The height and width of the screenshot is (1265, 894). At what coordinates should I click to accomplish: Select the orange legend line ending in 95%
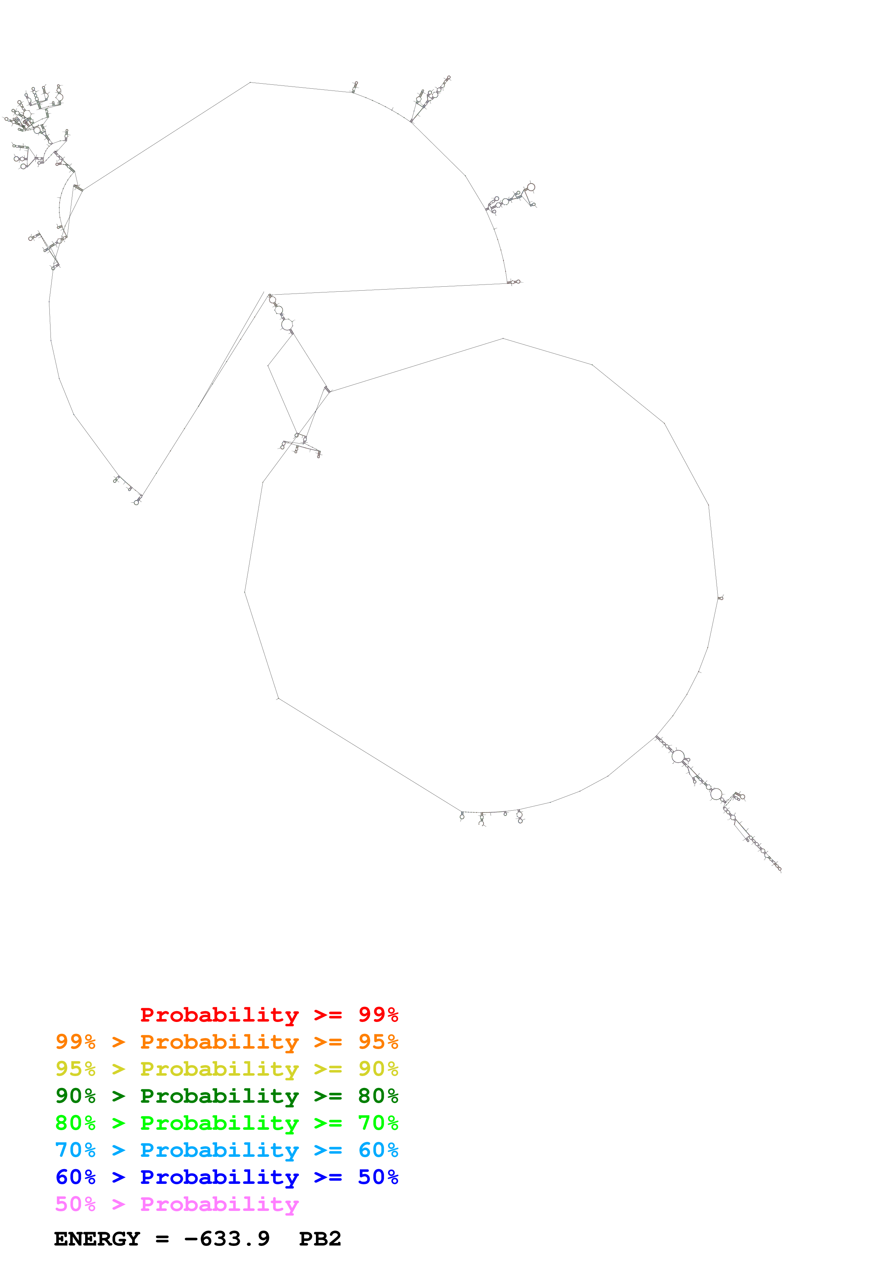[226, 1042]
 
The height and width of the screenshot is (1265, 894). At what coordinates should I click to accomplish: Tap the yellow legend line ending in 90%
[226, 1069]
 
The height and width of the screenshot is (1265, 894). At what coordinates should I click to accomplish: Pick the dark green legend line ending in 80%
[226, 1096]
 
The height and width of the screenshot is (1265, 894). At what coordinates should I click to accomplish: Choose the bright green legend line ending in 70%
[226, 1123]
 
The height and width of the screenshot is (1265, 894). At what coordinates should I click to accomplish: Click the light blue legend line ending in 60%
[226, 1150]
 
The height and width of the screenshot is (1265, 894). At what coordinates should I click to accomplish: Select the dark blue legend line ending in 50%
[226, 1177]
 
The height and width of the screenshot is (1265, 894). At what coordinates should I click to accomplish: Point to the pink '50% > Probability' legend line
[177, 1204]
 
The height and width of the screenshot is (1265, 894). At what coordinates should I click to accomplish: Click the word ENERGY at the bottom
[97, 1239]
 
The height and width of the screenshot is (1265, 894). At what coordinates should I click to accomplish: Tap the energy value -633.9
[227, 1239]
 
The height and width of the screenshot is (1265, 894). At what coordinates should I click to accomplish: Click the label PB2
[320, 1239]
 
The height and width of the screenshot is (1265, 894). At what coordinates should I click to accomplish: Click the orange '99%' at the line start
[75, 1042]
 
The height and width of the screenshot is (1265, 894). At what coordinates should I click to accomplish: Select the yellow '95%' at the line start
[75, 1069]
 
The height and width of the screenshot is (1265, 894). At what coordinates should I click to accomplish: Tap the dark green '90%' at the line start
[75, 1096]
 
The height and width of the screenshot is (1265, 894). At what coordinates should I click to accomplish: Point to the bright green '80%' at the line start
[75, 1123]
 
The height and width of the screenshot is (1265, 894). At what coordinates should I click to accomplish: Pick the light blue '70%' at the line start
[75, 1150]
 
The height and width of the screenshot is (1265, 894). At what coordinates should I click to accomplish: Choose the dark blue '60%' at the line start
[75, 1177]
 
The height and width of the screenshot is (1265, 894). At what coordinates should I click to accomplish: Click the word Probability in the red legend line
[219, 1015]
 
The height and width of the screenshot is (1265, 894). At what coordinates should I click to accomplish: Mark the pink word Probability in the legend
[219, 1204]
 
